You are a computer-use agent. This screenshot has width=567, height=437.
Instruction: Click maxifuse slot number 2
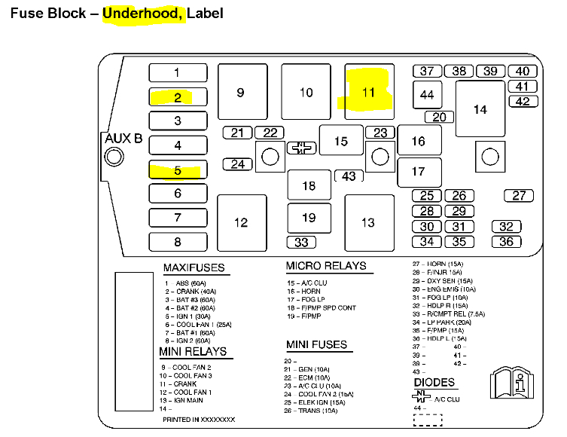(x=178, y=97)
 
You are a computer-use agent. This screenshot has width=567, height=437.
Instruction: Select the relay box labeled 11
(x=369, y=92)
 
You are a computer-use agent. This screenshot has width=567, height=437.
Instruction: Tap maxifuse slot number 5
(x=178, y=170)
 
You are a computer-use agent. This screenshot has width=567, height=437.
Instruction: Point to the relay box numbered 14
(x=480, y=109)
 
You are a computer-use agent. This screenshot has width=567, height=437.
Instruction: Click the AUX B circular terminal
(x=114, y=157)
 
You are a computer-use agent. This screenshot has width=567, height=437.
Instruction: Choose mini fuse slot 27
(x=519, y=195)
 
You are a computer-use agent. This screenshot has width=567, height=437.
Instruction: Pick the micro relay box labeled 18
(x=309, y=185)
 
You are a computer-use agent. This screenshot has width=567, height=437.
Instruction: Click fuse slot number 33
(x=301, y=243)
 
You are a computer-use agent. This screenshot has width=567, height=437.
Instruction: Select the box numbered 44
(x=428, y=95)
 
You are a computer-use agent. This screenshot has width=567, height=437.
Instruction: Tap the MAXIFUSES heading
(x=194, y=268)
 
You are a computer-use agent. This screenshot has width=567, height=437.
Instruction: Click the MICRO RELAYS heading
(x=326, y=266)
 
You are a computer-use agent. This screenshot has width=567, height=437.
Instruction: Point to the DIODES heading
(x=434, y=384)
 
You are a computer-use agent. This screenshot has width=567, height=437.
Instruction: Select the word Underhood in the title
(x=145, y=14)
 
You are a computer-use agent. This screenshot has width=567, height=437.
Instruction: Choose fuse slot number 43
(x=349, y=176)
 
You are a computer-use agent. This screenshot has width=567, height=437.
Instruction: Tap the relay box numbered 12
(x=241, y=222)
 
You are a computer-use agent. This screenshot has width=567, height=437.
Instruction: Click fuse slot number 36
(x=506, y=242)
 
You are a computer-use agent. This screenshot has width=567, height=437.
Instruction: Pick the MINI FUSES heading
(x=316, y=345)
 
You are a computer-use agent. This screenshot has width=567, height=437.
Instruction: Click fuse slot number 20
(x=440, y=117)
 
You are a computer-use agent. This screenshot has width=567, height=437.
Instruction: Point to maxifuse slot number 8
(x=178, y=242)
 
